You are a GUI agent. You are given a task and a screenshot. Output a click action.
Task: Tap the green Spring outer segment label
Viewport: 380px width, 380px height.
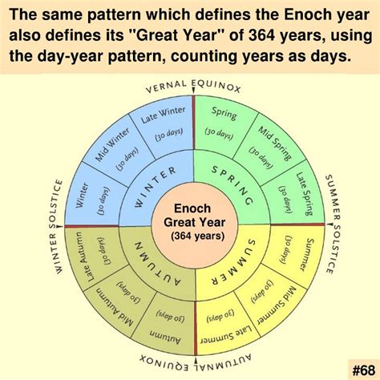pos(224,113)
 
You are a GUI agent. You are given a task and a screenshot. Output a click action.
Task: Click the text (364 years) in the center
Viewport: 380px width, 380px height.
pos(192,236)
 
